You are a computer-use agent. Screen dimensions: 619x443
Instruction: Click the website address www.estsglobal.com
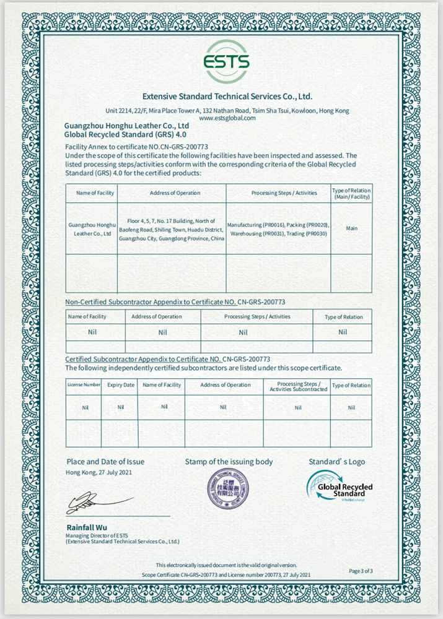pos(227,118)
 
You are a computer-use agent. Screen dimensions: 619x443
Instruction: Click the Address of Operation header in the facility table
pos(175,193)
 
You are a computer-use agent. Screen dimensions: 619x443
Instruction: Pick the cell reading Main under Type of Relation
pos(351,228)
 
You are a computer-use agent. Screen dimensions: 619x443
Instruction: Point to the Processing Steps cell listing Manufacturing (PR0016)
pos(278,229)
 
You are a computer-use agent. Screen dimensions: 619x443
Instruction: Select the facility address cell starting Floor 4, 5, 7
pos(171,229)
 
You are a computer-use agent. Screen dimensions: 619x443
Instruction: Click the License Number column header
pos(84,385)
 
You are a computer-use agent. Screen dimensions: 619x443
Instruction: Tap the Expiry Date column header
pos(120,385)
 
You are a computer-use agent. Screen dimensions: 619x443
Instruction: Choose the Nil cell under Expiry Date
pos(120,407)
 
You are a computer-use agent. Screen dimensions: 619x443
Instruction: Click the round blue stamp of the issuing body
pos(227,489)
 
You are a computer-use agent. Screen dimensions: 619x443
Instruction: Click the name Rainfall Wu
pos(84,527)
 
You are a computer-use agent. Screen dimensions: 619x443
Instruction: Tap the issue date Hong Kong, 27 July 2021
pos(99,472)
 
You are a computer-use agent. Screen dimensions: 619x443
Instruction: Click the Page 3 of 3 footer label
pos(361,571)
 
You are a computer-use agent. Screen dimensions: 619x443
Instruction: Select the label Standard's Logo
pos(336,462)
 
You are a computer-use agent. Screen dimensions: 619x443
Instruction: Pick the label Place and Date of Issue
pos(105,462)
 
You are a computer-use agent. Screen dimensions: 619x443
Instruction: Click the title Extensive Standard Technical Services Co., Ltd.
pos(227,97)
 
